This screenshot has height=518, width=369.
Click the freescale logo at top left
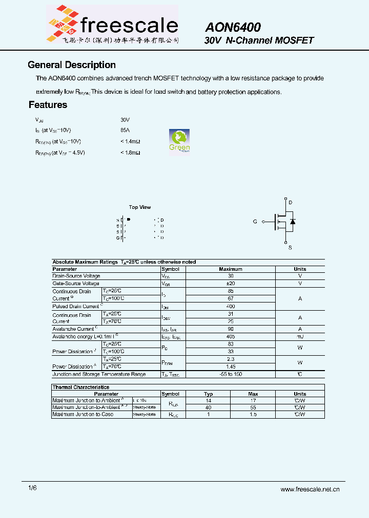112,24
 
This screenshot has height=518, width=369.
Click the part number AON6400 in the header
233,27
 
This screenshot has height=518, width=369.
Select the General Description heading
71,65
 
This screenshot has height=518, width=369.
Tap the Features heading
48,105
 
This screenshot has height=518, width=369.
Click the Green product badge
179,141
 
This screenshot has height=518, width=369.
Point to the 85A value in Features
125,130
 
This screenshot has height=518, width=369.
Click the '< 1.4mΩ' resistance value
130,141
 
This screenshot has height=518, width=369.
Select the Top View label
139,207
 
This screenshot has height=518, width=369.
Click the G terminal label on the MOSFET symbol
255,222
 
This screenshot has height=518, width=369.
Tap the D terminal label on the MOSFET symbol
290,203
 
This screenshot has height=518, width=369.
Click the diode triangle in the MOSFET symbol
293,222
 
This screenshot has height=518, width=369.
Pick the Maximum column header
230,269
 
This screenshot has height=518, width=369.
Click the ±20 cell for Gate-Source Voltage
230,283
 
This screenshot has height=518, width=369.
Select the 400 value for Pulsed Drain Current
230,306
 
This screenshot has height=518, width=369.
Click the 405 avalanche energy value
230,336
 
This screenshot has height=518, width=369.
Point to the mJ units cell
300,336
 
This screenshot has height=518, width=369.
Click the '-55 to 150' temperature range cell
230,374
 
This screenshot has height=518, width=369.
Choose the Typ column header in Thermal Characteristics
208,394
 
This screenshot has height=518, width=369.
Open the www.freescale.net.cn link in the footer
310,489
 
